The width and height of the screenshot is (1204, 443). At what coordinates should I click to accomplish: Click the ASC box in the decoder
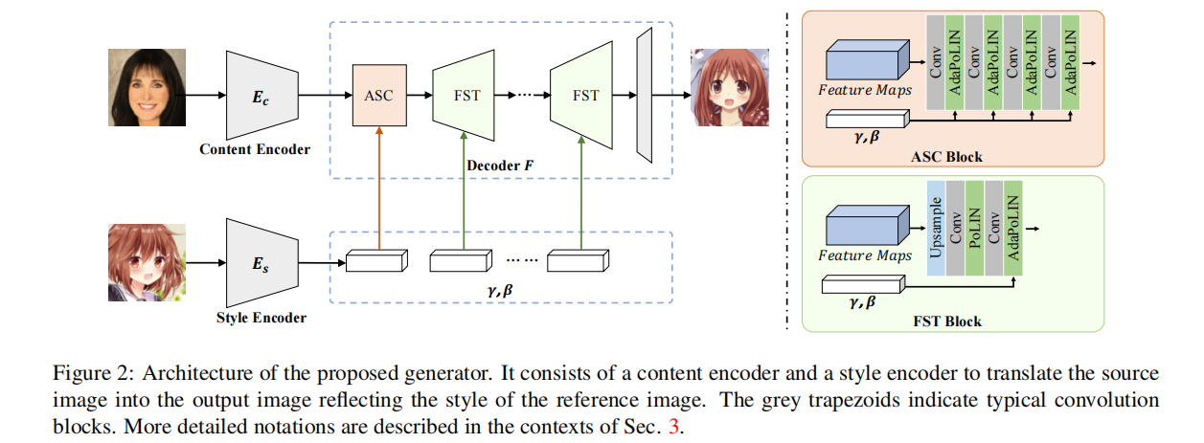(379, 96)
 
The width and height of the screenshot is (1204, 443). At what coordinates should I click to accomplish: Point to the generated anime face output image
(730, 89)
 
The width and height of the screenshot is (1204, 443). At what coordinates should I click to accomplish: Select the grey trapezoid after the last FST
(644, 95)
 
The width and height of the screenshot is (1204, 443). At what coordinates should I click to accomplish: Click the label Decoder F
(497, 166)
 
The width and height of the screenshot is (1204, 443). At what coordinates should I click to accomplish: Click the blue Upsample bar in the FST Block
(936, 228)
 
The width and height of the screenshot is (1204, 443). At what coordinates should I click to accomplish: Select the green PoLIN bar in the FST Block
(973, 228)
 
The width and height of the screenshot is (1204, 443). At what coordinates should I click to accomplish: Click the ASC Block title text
(951, 156)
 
